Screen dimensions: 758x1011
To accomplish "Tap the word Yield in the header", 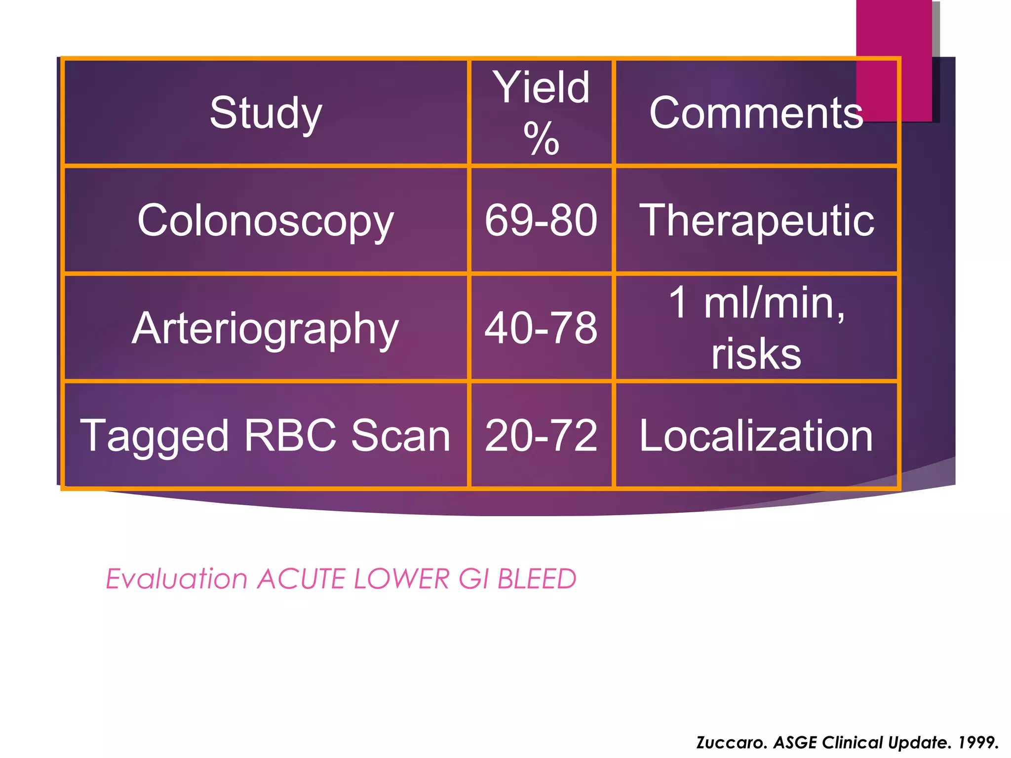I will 542,88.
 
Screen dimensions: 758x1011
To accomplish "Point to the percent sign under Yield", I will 542,139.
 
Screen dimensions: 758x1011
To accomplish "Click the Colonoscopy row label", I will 266,221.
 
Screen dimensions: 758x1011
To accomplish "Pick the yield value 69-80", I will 541,221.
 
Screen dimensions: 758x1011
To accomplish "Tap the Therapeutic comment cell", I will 756,221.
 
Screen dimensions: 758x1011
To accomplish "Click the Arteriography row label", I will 266,328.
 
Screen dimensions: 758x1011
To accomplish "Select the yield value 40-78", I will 541,328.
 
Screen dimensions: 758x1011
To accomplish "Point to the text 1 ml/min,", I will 756,303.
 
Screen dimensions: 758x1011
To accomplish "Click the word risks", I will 756,354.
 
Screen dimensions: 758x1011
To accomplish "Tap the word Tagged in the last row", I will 155,436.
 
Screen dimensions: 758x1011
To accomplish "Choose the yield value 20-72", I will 541,435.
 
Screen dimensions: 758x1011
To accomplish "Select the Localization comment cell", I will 756,435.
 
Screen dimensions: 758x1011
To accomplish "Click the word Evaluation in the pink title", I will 176,579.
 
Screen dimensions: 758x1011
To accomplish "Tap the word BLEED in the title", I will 537,579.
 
